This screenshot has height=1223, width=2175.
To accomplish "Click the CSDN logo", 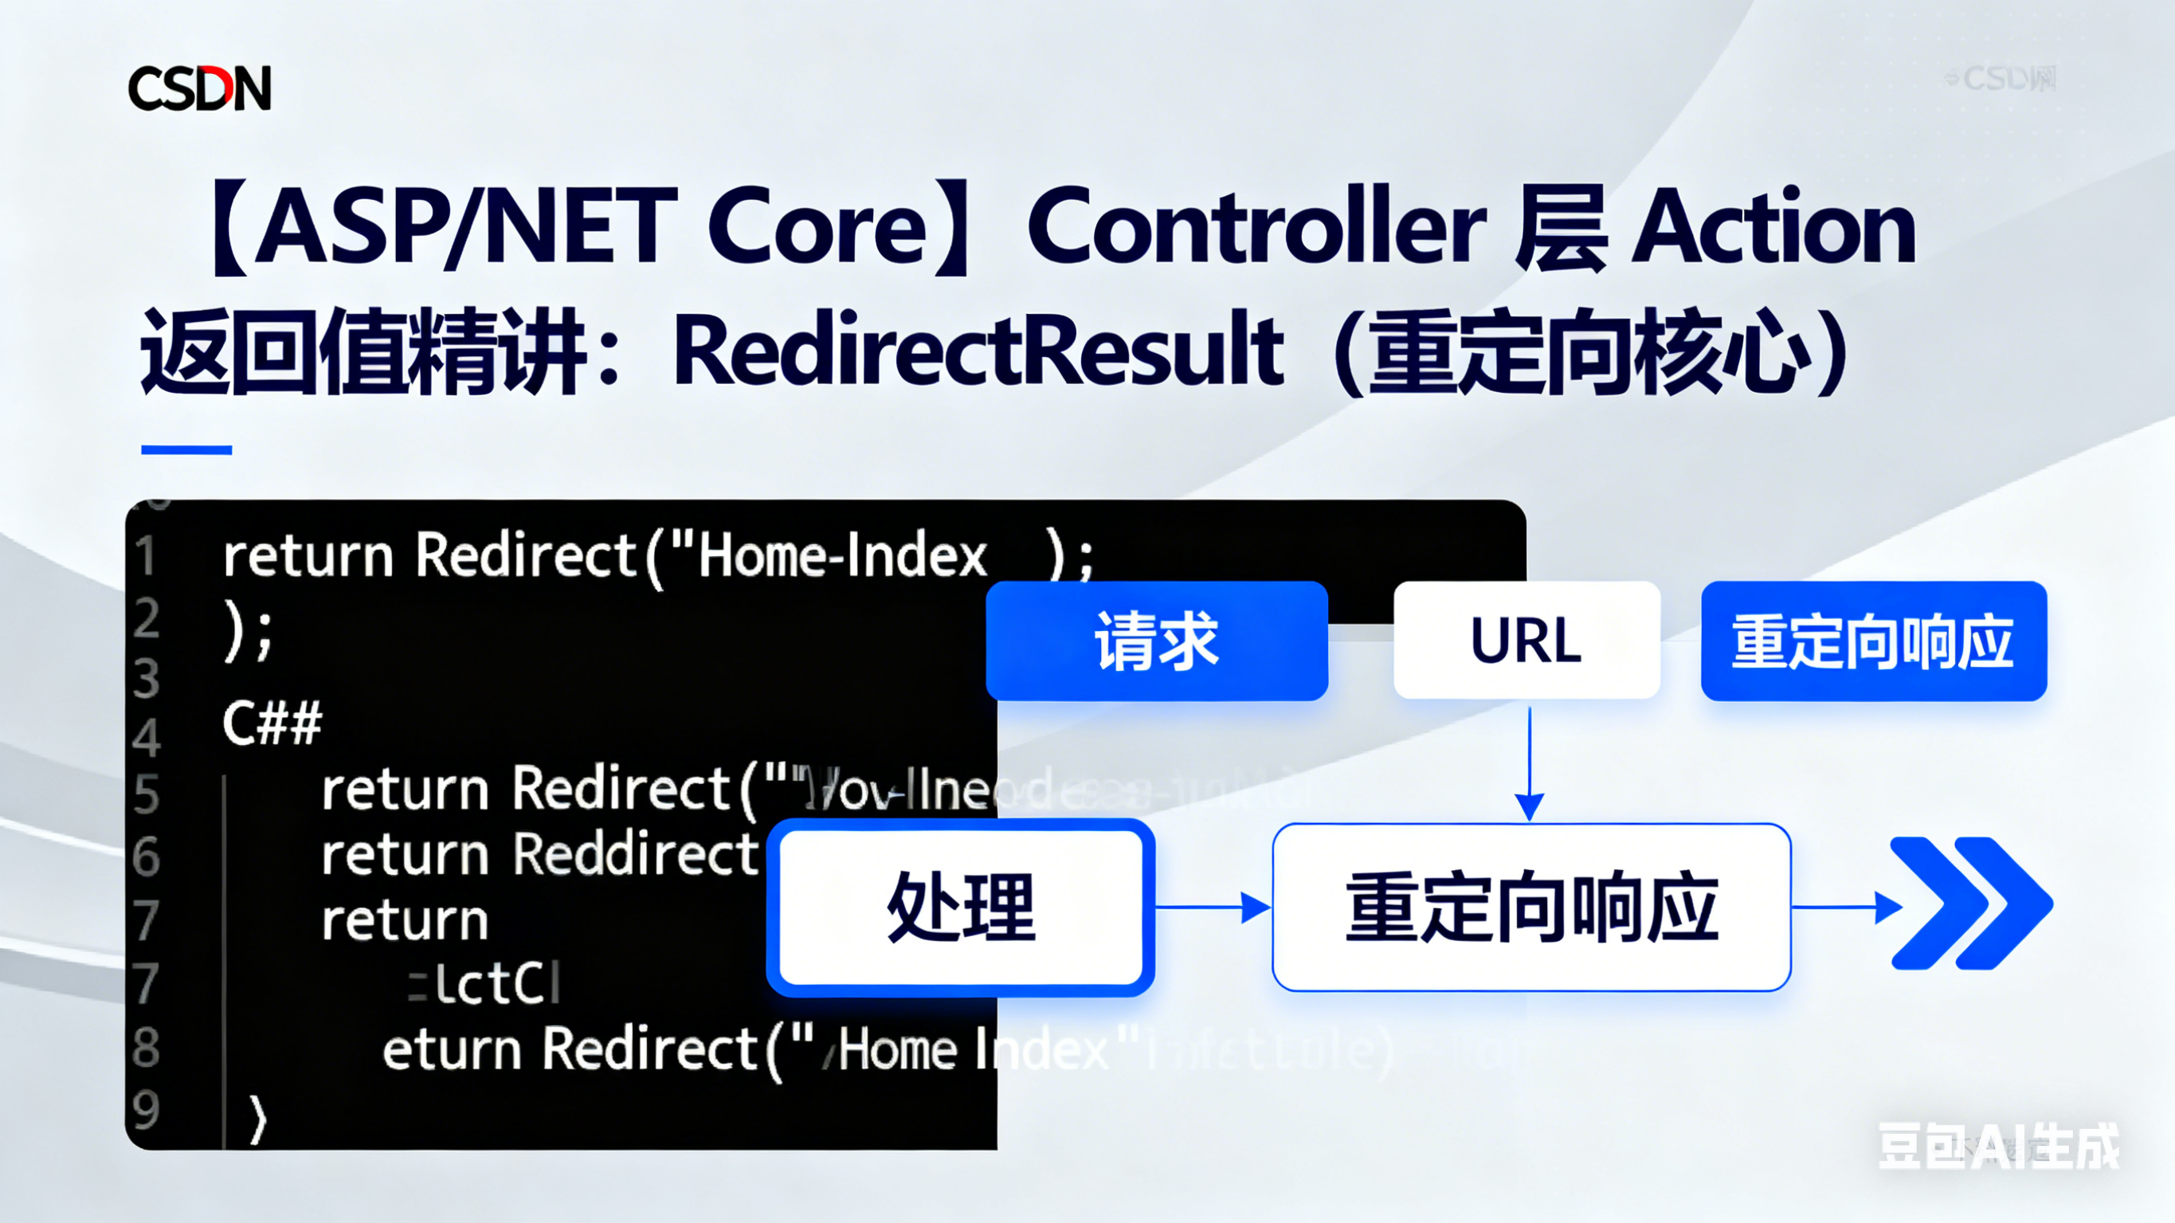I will (199, 87).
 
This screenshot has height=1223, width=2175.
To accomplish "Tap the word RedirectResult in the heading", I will (978, 350).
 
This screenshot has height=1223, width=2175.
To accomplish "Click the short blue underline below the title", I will (186, 450).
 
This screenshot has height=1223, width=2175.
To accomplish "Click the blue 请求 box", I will (1157, 641).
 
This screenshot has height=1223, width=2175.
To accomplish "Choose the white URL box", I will (1526, 641).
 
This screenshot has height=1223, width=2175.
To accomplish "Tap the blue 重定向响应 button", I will (1873, 641).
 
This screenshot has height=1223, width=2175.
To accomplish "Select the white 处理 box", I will (961, 907).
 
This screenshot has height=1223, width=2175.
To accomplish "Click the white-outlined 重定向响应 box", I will (1530, 907).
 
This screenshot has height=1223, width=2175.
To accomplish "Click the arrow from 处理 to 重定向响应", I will (1214, 907).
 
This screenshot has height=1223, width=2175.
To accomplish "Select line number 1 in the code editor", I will (146, 557).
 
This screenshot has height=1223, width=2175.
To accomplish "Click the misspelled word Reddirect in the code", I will (636, 854).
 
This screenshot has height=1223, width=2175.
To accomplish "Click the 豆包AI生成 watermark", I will (1997, 1147).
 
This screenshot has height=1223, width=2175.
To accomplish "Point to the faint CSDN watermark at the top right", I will (2001, 80).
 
